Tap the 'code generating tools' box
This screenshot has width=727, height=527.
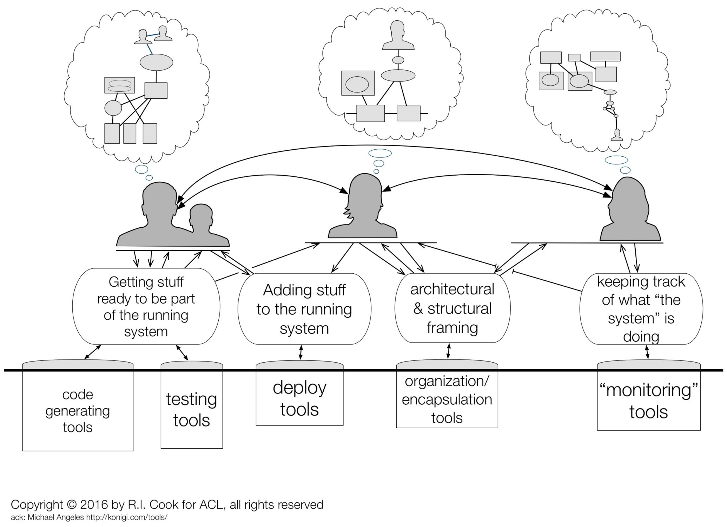pyautogui.click(x=78, y=411)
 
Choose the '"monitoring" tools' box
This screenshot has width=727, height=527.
pyautogui.click(x=648, y=401)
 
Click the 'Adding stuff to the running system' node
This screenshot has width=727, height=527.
pyautogui.click(x=304, y=309)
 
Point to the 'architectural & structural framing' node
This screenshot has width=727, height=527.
pyautogui.click(x=452, y=308)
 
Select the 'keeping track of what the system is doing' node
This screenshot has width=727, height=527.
pyautogui.click(x=641, y=309)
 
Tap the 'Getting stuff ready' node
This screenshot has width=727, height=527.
pyautogui.click(x=146, y=306)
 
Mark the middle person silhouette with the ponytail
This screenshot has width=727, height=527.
pyautogui.click(x=363, y=207)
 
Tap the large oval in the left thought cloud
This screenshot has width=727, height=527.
pyautogui.click(x=156, y=63)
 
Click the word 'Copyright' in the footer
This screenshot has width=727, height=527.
pyautogui.click(x=37, y=505)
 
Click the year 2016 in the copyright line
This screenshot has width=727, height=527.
pyautogui.click(x=94, y=505)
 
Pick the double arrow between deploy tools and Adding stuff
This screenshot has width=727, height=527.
pyautogui.click(x=300, y=352)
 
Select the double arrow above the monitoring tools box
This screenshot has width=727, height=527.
pyautogui.click(x=648, y=352)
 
